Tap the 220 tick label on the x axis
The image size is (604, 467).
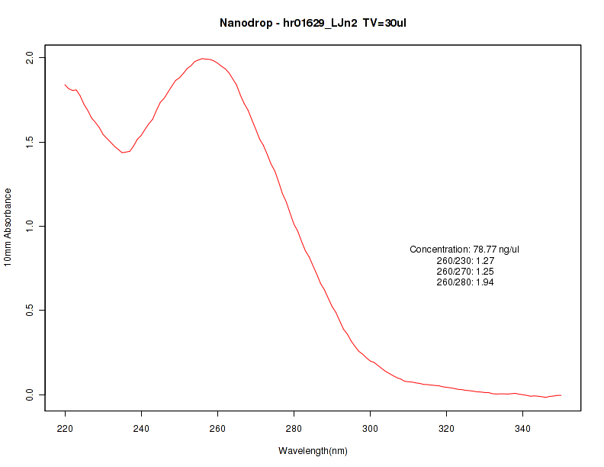[65, 430]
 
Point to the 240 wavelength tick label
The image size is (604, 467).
[141, 430]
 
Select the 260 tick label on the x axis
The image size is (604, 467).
[217, 430]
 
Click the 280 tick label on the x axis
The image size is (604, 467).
[294, 430]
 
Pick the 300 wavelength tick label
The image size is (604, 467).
[370, 430]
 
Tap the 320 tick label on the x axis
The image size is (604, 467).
[446, 430]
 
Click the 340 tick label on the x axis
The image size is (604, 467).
[522, 430]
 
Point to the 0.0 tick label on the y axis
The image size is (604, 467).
[31, 395]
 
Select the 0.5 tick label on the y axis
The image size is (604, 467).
[31, 311]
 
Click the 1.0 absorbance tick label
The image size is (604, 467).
[31, 227]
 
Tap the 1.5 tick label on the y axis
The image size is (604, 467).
[31, 143]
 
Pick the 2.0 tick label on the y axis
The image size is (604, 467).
[31, 58]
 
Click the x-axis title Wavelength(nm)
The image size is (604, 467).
[313, 451]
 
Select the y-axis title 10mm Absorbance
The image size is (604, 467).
[8, 227]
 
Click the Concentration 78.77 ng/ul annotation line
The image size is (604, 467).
[464, 250]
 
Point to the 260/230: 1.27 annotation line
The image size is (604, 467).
[465, 261]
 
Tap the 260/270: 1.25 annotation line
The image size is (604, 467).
[465, 272]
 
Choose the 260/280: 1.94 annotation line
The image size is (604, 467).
[465, 282]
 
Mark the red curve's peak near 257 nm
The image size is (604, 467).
[203, 58]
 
